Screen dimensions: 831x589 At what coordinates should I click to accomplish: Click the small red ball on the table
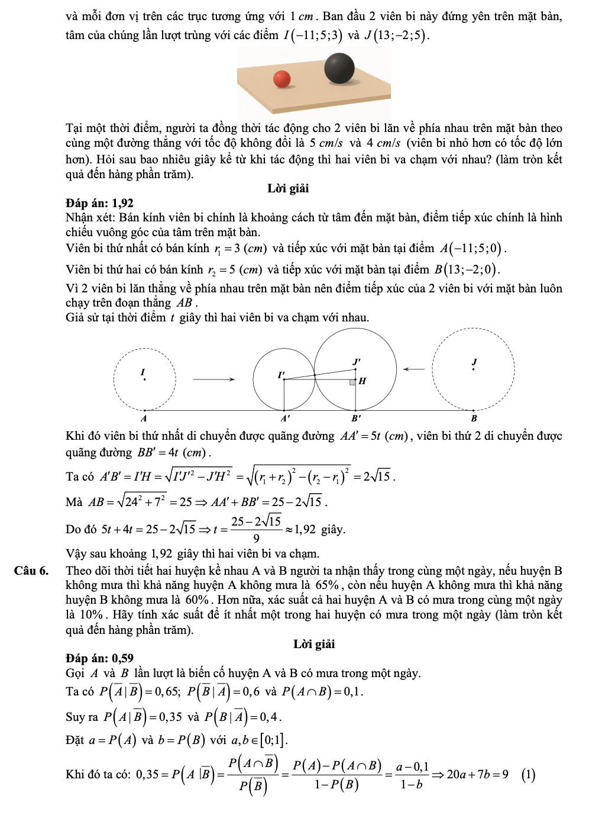[282, 79]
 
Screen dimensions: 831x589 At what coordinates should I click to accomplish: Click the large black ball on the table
[339, 67]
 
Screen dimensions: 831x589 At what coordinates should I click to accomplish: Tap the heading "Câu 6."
[31, 571]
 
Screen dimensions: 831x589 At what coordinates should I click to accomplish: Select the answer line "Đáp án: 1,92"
[99, 203]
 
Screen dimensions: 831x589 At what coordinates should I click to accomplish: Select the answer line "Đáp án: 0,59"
[99, 658]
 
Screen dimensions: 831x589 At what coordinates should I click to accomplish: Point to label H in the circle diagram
[363, 381]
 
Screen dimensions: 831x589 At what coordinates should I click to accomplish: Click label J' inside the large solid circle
[357, 361]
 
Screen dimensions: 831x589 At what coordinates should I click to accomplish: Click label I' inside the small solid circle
[281, 375]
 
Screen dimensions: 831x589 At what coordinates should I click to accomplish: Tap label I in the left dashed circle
[143, 372]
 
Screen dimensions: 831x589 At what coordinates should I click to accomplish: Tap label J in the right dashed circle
[474, 362]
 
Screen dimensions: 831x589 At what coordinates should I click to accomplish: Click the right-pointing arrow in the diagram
[214, 379]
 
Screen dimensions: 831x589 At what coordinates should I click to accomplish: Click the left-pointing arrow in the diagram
[414, 369]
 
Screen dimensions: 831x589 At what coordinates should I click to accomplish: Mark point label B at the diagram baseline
[474, 418]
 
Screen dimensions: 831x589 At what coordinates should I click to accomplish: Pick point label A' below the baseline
[285, 418]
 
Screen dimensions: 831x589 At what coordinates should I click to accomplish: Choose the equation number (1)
[529, 774]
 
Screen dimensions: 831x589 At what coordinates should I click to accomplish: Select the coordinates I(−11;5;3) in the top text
[313, 35]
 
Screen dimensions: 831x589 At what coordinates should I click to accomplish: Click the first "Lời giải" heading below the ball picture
[288, 188]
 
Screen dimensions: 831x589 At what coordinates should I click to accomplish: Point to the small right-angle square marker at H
[352, 382]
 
